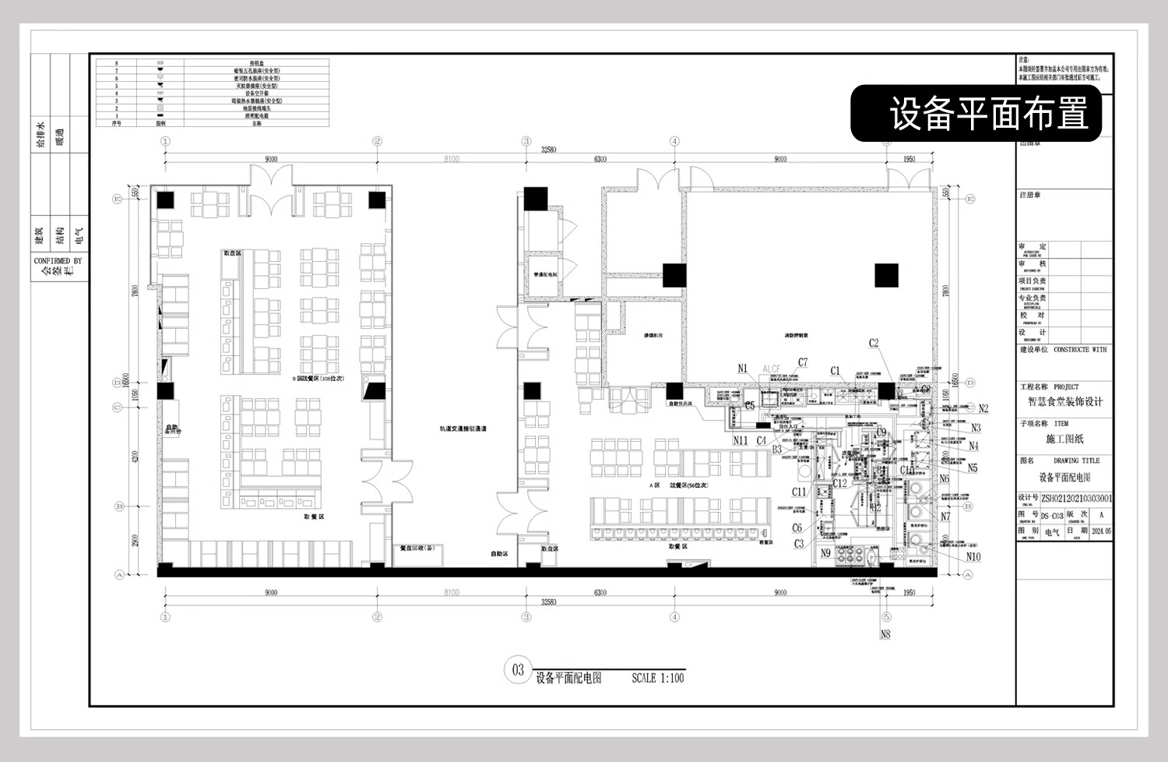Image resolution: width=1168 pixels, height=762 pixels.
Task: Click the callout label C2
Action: (x=874, y=343)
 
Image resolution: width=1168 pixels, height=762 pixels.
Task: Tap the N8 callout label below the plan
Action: (x=885, y=634)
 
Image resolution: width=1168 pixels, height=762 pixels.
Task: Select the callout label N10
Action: (x=973, y=556)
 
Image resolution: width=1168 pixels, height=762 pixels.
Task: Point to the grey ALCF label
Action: (x=771, y=369)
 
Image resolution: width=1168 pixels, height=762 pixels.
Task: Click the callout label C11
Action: (x=799, y=492)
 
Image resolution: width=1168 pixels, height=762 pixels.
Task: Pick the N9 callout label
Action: (x=825, y=553)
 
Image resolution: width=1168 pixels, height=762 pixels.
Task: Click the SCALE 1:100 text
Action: (x=657, y=678)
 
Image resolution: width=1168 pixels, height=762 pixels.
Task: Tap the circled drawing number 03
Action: (x=518, y=669)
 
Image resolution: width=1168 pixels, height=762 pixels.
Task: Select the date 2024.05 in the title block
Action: (x=1101, y=531)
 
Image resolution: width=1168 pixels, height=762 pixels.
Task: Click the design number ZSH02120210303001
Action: (x=1077, y=498)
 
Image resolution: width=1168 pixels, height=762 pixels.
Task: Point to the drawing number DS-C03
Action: (x=1052, y=516)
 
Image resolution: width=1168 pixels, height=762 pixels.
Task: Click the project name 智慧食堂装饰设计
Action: (x=1064, y=402)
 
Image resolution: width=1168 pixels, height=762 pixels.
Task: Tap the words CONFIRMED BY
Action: (x=58, y=261)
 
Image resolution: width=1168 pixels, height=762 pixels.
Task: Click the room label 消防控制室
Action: (x=796, y=336)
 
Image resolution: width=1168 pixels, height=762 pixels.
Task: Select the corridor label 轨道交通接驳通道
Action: (x=463, y=429)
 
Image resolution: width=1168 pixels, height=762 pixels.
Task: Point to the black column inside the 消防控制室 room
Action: (x=886, y=275)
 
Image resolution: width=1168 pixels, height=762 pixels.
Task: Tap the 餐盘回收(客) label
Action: (x=417, y=548)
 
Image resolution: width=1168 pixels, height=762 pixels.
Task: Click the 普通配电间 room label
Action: (x=545, y=275)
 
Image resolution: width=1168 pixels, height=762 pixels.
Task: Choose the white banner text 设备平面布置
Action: (x=988, y=114)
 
